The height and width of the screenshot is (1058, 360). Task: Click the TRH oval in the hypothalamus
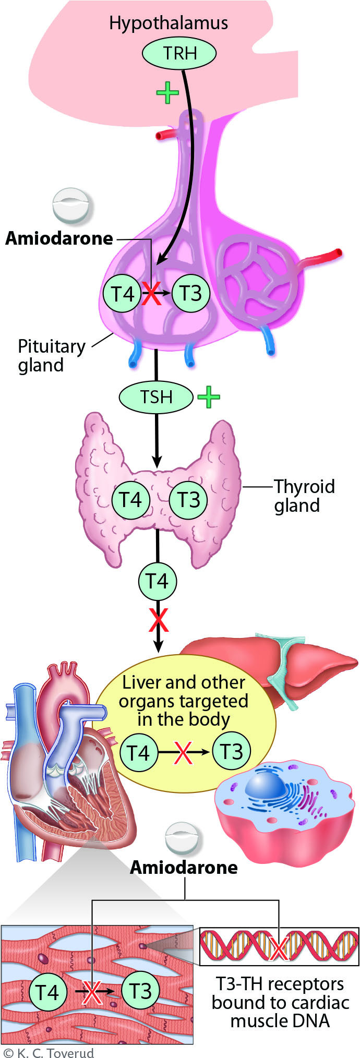(x=179, y=53)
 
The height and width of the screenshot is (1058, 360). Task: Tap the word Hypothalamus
(x=168, y=23)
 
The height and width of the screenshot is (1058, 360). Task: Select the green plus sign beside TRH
(x=167, y=93)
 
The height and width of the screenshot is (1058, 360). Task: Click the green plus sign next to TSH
(x=209, y=397)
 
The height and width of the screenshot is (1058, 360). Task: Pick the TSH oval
(x=156, y=397)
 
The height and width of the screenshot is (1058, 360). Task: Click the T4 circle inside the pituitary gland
(x=122, y=294)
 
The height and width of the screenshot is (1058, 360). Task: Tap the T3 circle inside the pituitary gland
(x=190, y=293)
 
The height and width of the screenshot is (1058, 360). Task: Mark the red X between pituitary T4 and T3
(x=151, y=294)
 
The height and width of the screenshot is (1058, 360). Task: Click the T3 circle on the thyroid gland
(x=188, y=500)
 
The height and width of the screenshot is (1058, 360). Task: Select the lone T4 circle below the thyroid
(x=157, y=581)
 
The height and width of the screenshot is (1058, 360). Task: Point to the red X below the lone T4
(x=159, y=619)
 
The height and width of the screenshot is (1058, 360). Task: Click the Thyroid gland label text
(x=304, y=496)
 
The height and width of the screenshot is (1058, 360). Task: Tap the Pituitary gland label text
(x=51, y=355)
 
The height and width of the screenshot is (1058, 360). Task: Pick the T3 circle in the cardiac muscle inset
(x=140, y=991)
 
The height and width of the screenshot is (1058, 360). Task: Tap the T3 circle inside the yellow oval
(x=231, y=752)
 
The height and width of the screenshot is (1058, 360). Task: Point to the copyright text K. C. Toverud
(x=49, y=1052)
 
